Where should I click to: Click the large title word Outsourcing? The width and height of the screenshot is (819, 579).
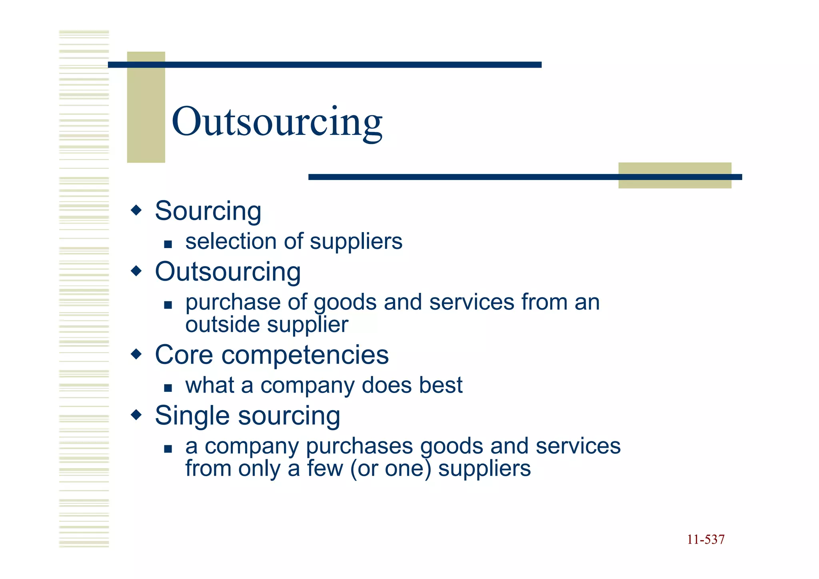click(x=277, y=122)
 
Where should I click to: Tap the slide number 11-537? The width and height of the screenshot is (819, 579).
click(x=705, y=539)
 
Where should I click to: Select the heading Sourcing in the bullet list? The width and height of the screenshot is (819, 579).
click(x=208, y=211)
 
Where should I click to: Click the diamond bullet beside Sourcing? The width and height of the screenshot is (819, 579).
click(x=136, y=210)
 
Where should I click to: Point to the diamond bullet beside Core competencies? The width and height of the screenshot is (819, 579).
click(x=136, y=354)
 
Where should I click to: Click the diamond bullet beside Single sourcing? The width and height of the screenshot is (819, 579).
click(x=136, y=415)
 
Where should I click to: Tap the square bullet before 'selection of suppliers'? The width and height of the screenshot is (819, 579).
click(x=168, y=244)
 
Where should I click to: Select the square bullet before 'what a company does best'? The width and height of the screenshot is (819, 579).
click(x=168, y=388)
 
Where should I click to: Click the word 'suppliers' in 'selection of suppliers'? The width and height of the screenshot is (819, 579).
click(x=356, y=242)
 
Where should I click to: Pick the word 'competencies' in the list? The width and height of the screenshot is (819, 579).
click(x=305, y=355)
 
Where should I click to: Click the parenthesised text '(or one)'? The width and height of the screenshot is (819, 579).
click(x=391, y=469)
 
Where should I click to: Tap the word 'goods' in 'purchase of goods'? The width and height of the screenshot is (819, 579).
click(x=345, y=303)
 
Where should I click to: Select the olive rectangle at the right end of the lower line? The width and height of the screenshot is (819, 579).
click(x=675, y=175)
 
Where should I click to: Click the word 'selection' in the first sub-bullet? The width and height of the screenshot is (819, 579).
click(x=231, y=242)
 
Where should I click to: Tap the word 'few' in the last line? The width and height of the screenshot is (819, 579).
click(x=325, y=469)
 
